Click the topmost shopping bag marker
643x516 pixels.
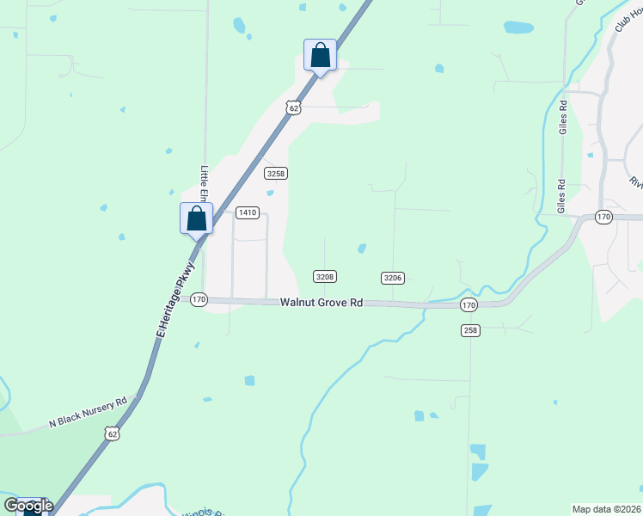point(320,55)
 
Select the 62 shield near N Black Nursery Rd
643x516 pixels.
point(112,434)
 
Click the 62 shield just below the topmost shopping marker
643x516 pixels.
point(294,107)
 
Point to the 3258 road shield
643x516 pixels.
point(275,173)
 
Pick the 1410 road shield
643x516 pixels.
point(248,212)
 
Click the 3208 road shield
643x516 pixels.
point(324,277)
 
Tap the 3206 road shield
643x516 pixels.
point(393,277)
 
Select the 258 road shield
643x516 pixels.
point(469,330)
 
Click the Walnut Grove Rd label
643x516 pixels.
point(321,303)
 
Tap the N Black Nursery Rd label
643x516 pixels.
point(88,412)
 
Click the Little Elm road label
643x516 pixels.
point(205,185)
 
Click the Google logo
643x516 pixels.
point(28,506)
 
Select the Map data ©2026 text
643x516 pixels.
point(606,509)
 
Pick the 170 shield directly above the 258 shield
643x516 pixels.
point(468,305)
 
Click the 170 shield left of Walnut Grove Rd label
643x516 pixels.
point(199,299)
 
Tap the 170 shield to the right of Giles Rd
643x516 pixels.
point(603,218)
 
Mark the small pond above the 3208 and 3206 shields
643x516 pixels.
point(362,249)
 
